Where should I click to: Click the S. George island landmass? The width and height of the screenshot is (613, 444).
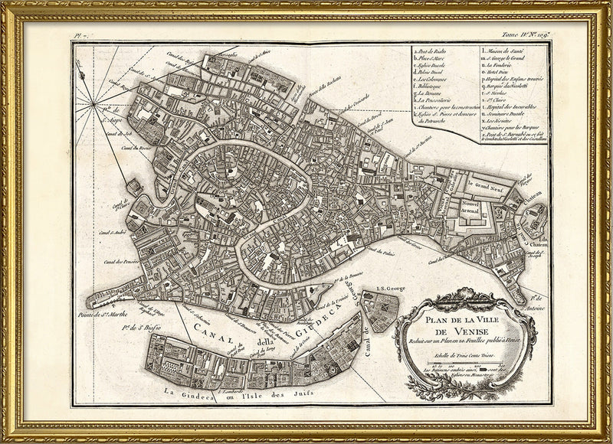pyautogui.click(x=382, y=309)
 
